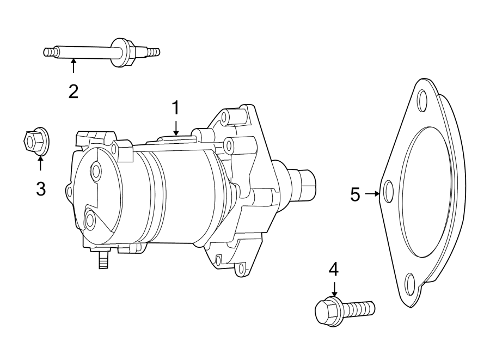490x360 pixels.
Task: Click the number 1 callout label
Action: (175, 108)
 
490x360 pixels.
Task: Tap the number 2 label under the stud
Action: (73, 90)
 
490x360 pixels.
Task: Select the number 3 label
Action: (41, 188)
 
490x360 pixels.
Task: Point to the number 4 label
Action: (333, 269)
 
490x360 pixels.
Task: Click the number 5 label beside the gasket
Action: (355, 194)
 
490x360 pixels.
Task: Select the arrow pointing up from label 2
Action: (73, 67)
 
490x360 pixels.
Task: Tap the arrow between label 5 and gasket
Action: (372, 193)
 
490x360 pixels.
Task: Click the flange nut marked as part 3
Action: (35, 142)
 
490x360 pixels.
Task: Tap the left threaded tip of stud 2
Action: (50, 52)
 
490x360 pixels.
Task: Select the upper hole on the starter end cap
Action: (96, 172)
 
